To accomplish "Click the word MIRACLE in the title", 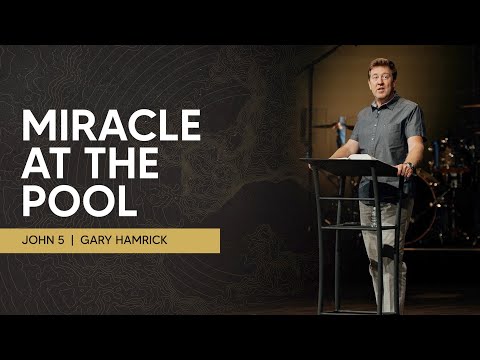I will coord(111,127).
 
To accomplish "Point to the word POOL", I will coord(79,199).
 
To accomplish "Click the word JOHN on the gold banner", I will coord(49,241).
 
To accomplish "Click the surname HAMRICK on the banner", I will coord(169,241).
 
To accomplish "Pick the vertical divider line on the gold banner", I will coord(92,241).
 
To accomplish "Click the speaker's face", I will coord(382,78).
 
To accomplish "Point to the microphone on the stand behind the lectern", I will coord(341,125).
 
